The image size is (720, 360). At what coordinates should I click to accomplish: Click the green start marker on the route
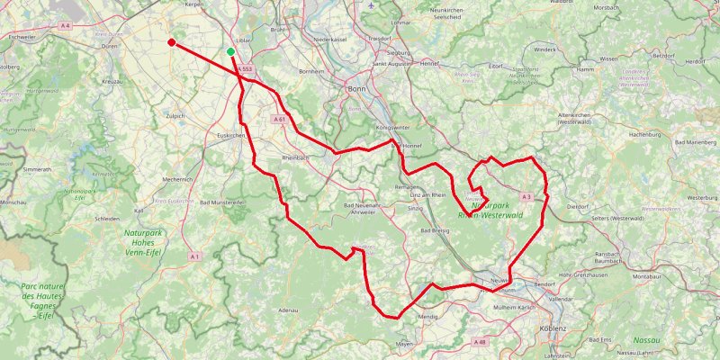[231, 52]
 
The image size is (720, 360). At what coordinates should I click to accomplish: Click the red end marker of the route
[171, 41]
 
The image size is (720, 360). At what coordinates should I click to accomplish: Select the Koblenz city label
[553, 328]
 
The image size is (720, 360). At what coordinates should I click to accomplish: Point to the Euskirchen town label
[231, 135]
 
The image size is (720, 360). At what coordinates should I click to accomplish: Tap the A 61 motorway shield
[279, 119]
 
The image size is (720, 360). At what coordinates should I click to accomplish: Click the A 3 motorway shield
[526, 195]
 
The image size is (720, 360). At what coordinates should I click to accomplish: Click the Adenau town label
[288, 310]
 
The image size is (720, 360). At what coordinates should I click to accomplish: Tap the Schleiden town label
[106, 219]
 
